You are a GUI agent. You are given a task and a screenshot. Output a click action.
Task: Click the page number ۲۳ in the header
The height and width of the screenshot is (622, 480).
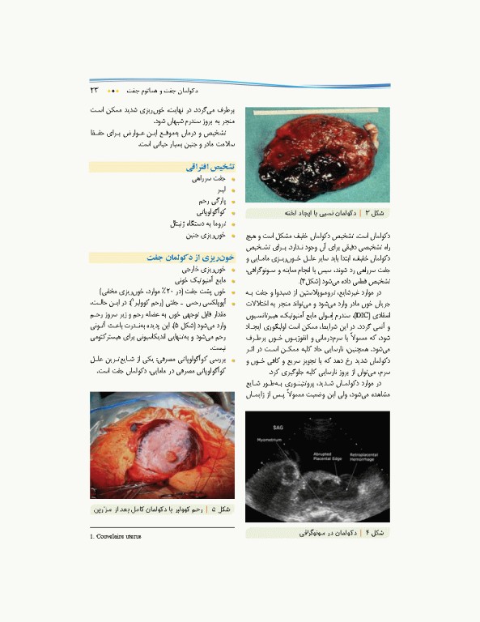(95, 89)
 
